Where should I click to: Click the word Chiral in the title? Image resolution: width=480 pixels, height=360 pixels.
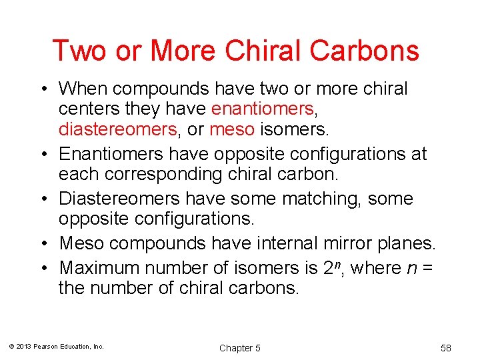click(x=281, y=51)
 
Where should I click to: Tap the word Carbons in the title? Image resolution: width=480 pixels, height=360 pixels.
click(x=373, y=51)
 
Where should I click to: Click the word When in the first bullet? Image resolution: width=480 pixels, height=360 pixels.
click(x=86, y=89)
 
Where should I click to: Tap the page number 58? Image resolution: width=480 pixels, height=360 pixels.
click(x=446, y=348)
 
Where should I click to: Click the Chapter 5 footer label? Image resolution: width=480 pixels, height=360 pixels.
click(x=240, y=348)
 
